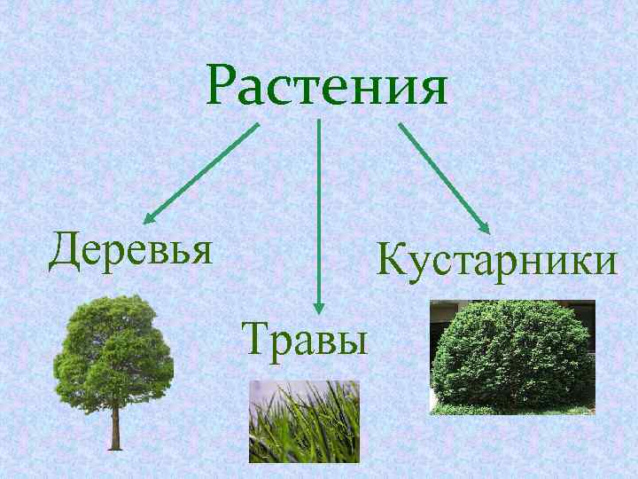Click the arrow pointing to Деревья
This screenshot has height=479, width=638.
click(x=201, y=173)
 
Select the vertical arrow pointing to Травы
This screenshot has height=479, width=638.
click(x=318, y=213)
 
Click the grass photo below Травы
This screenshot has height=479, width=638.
click(x=304, y=420)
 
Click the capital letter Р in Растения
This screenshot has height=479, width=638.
click(x=228, y=86)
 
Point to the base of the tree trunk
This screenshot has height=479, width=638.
click(x=113, y=445)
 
